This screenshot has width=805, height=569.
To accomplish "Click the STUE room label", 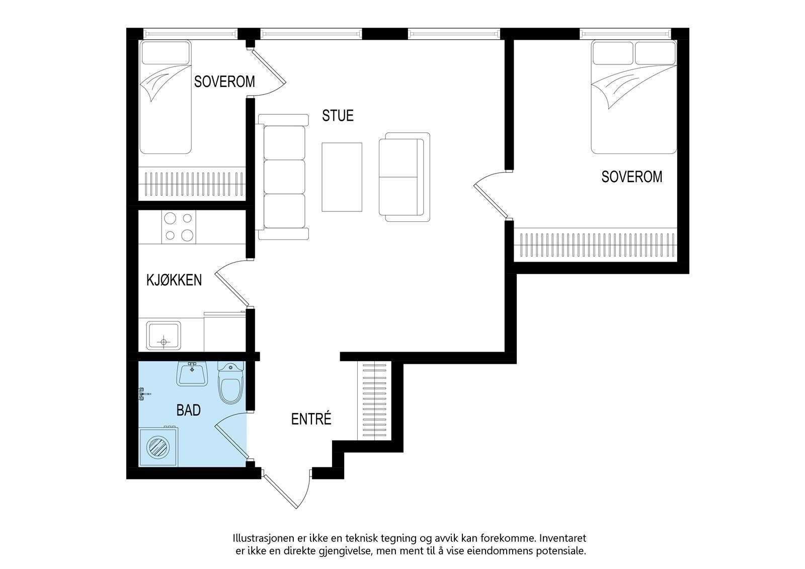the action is pyautogui.click(x=338, y=116).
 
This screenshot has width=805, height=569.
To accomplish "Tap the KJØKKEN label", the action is pyautogui.click(x=174, y=280).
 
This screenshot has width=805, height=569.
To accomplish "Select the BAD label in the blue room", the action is pyautogui.click(x=188, y=410).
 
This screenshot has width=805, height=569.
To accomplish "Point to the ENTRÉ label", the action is pyautogui.click(x=311, y=419).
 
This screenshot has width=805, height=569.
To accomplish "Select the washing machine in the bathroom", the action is pyautogui.click(x=158, y=446).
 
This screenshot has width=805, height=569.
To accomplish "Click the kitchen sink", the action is pyautogui.click(x=164, y=335).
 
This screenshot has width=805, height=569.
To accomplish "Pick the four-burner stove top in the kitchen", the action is pyautogui.click(x=179, y=227).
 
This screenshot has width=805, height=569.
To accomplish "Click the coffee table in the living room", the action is pyautogui.click(x=342, y=177).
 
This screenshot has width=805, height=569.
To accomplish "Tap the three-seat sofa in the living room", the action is pyautogui.click(x=282, y=177).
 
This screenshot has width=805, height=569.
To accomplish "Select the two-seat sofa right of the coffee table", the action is pyautogui.click(x=405, y=177).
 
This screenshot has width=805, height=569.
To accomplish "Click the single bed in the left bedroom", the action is pyautogui.click(x=166, y=97).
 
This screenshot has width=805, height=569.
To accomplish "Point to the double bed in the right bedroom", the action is pyautogui.click(x=634, y=97).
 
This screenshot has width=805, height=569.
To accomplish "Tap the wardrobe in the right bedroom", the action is pyautogui.click(x=596, y=245).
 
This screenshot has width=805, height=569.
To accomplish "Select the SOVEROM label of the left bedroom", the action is pyautogui.click(x=224, y=82).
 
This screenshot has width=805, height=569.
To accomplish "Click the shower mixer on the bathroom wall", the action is pyautogui.click(x=143, y=394).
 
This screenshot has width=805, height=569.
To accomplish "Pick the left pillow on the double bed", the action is pyautogui.click(x=613, y=53).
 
